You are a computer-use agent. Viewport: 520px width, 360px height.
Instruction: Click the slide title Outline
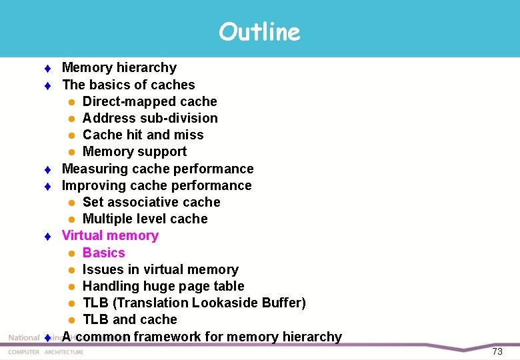[259, 31]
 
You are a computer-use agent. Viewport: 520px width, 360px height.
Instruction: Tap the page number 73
[497, 351]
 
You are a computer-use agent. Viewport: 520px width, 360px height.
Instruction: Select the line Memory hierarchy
[119, 67]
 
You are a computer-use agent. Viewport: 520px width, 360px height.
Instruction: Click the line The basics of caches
[128, 85]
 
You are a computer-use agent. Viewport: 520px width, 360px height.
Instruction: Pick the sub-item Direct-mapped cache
[149, 101]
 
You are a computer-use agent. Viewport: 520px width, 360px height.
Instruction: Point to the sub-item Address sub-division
[150, 118]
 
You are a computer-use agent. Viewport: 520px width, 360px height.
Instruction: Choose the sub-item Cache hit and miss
[143, 135]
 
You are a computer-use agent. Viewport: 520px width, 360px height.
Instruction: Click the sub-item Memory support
[134, 151]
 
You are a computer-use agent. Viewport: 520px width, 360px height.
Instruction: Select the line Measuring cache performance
[157, 169]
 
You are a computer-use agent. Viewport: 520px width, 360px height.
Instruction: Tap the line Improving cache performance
[157, 185]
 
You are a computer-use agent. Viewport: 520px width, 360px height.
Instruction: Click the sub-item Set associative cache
[151, 202]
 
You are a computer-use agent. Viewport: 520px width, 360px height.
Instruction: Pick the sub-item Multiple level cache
[145, 219]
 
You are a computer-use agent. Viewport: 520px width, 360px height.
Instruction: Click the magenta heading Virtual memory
[110, 235]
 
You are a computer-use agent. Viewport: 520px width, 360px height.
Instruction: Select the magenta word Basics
[103, 253]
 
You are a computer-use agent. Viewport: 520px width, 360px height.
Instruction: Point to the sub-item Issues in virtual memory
[160, 269]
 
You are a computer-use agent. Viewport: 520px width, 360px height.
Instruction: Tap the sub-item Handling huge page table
[163, 286]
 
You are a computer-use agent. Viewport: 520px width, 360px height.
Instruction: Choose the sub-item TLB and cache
[129, 319]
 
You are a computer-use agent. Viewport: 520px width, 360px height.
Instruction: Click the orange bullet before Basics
[71, 253]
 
